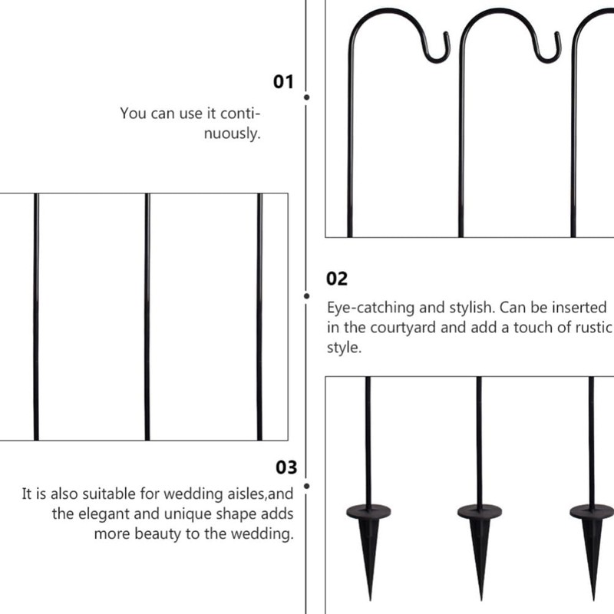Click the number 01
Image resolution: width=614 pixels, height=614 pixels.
(284, 81)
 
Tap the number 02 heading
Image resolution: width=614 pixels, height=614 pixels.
(337, 279)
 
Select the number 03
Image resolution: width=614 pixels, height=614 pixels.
(286, 467)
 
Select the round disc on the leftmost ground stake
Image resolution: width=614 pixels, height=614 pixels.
(369, 510)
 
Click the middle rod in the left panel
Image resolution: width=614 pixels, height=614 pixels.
(147, 316)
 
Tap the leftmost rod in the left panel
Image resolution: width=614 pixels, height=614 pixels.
(36, 316)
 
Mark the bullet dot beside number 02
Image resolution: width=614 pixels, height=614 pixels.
(307, 295)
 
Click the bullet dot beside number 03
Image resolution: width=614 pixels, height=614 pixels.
(307, 486)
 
